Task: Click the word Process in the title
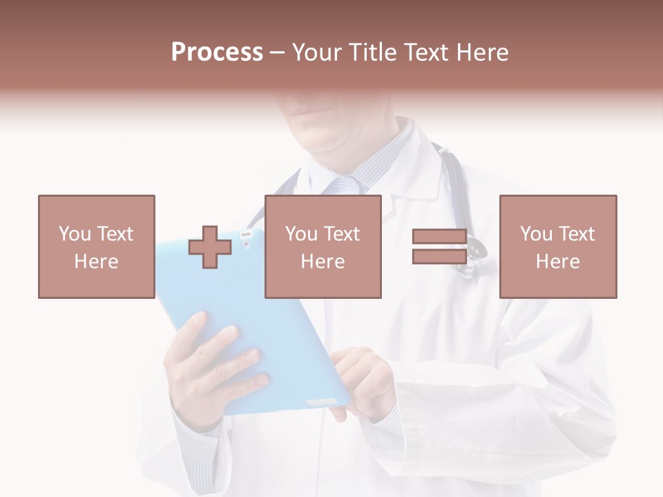tap(217, 52)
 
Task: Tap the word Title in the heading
tap(372, 52)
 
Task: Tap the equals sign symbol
tap(439, 246)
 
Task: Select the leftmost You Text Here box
tap(97, 246)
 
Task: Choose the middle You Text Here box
tap(323, 246)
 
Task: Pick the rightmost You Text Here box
tap(558, 246)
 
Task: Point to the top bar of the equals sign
tap(439, 237)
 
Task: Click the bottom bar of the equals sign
tap(439, 256)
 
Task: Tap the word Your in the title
tap(318, 52)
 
